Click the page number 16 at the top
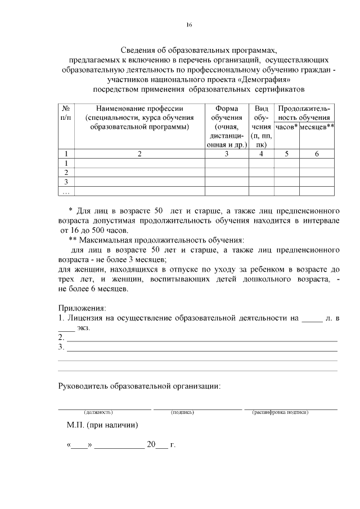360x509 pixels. point(190,25)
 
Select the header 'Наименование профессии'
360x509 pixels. point(139,109)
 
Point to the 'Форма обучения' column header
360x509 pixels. point(227,113)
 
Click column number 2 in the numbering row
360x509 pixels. point(139,154)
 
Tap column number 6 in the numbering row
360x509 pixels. point(317,154)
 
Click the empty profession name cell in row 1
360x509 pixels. point(139,163)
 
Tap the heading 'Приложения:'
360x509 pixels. point(82,308)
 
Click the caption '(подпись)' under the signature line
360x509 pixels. point(182,412)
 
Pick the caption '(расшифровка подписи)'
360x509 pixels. point(280,412)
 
